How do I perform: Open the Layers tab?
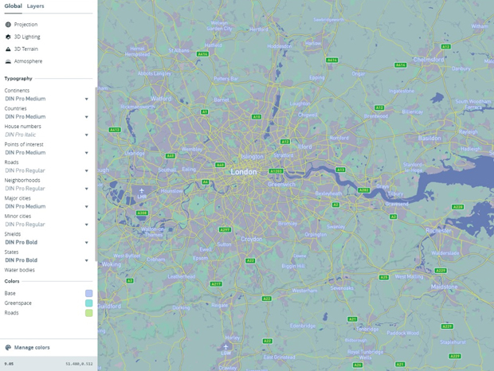pyautogui.click(x=36, y=6)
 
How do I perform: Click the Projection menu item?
pyautogui.click(x=25, y=25)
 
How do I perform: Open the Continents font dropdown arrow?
pyautogui.click(x=87, y=100)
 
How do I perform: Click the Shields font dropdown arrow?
pyautogui.click(x=87, y=243)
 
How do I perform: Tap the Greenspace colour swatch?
pyautogui.click(x=89, y=303)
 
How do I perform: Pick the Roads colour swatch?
pyautogui.click(x=89, y=313)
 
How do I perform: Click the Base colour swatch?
pyautogui.click(x=89, y=294)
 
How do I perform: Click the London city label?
pyautogui.click(x=244, y=171)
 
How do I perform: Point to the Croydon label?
pyautogui.click(x=252, y=238)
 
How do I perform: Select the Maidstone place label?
pyautogui.click(x=444, y=286)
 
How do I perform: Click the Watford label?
pyautogui.click(x=161, y=99)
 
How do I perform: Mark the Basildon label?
pyautogui.click(x=429, y=138)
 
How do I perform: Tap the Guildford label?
pyautogui.click(x=109, y=304)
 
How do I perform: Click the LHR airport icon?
pyautogui.click(x=142, y=191)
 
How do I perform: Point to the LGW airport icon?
pyautogui.click(x=226, y=347)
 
